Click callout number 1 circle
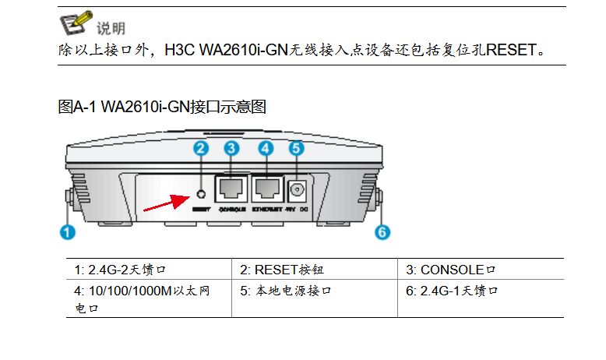tap(69, 231)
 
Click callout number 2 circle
tap(201, 148)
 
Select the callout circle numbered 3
tap(231, 148)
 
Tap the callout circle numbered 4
tap(266, 148)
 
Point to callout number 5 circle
tap(295, 148)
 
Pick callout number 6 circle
tap(382, 231)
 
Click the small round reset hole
tap(201, 193)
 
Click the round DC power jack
tap(297, 189)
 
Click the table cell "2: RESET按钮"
tap(315, 270)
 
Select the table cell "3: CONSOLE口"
tap(480, 270)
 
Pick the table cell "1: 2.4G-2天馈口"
tap(148, 270)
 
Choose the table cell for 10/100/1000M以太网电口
tap(148, 298)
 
